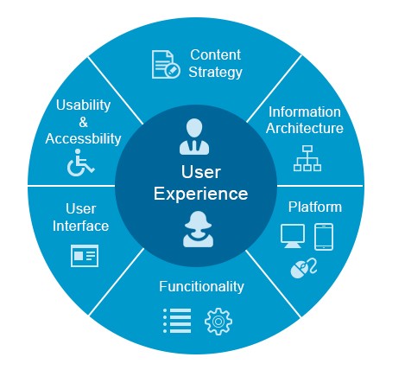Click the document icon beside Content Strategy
point(166,64)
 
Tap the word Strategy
point(215,73)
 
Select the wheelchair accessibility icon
point(80,163)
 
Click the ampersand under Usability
point(83,122)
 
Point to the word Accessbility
point(83,138)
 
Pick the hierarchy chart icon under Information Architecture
point(307,158)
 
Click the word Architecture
point(305,128)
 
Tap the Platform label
point(315,207)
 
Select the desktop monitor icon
point(293,236)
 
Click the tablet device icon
point(324,237)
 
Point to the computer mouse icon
point(303,269)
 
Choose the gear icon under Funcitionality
point(218,322)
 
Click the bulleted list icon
point(177,321)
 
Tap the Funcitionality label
point(201,286)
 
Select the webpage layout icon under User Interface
point(85,256)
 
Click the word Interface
point(80,226)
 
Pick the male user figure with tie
point(194,137)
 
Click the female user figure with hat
point(198,229)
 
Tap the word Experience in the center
point(200,194)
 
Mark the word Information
point(305,112)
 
